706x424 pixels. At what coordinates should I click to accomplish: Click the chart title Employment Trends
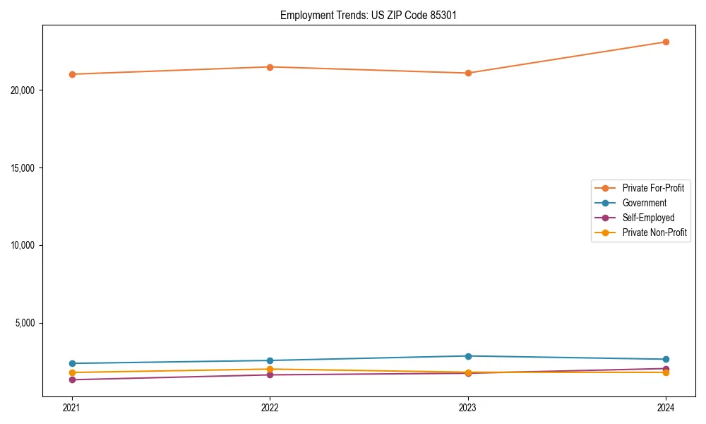click(369, 15)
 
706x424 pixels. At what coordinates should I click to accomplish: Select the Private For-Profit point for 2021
click(72, 74)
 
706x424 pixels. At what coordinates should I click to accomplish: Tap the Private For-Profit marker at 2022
click(270, 67)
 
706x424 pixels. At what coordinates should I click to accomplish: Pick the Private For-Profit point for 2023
click(468, 73)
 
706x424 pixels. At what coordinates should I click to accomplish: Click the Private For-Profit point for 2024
click(666, 42)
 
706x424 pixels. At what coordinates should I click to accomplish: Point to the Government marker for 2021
click(72, 363)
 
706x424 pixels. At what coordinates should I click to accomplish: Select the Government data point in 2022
click(270, 360)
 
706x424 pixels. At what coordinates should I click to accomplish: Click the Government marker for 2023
click(468, 356)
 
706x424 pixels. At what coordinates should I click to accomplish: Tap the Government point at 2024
click(666, 359)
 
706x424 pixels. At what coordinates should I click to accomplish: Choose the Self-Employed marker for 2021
click(72, 379)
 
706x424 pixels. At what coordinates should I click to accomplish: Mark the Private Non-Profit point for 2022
click(270, 369)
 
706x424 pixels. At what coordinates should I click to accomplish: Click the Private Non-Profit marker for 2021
click(72, 372)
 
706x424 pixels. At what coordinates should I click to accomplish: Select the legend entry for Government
click(644, 203)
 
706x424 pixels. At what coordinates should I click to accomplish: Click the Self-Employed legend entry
click(648, 218)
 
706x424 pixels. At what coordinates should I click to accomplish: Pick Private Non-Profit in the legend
click(654, 232)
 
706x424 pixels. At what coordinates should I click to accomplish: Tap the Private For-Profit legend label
click(652, 188)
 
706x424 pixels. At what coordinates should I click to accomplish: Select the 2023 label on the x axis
click(468, 407)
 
